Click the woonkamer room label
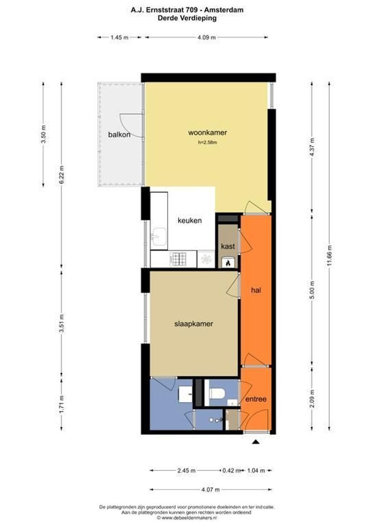pos(207,132)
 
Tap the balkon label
pos(119,135)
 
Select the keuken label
pos(189,221)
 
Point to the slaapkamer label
pos(194,324)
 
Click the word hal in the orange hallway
pos(256,290)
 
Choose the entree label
pos(256,399)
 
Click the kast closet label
pos(228,246)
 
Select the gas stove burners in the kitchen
pos(178,259)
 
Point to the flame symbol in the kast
pos(228,263)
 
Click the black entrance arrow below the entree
pos(256,442)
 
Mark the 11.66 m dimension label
pos(330,256)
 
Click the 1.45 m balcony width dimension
pos(119,38)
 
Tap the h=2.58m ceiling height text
pos(207,143)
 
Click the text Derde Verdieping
pos(187,18)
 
